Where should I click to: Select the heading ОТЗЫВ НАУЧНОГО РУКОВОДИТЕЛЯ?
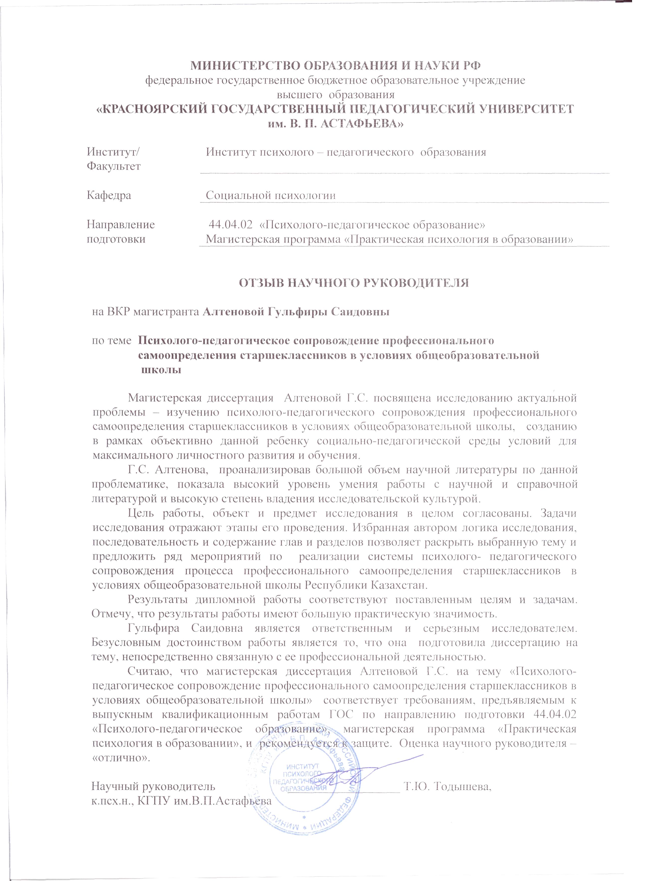click(354, 283)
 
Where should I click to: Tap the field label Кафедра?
click(109, 195)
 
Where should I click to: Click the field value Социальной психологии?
click(271, 195)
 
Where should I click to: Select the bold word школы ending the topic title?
click(161, 370)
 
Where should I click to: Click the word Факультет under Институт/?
click(114, 166)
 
